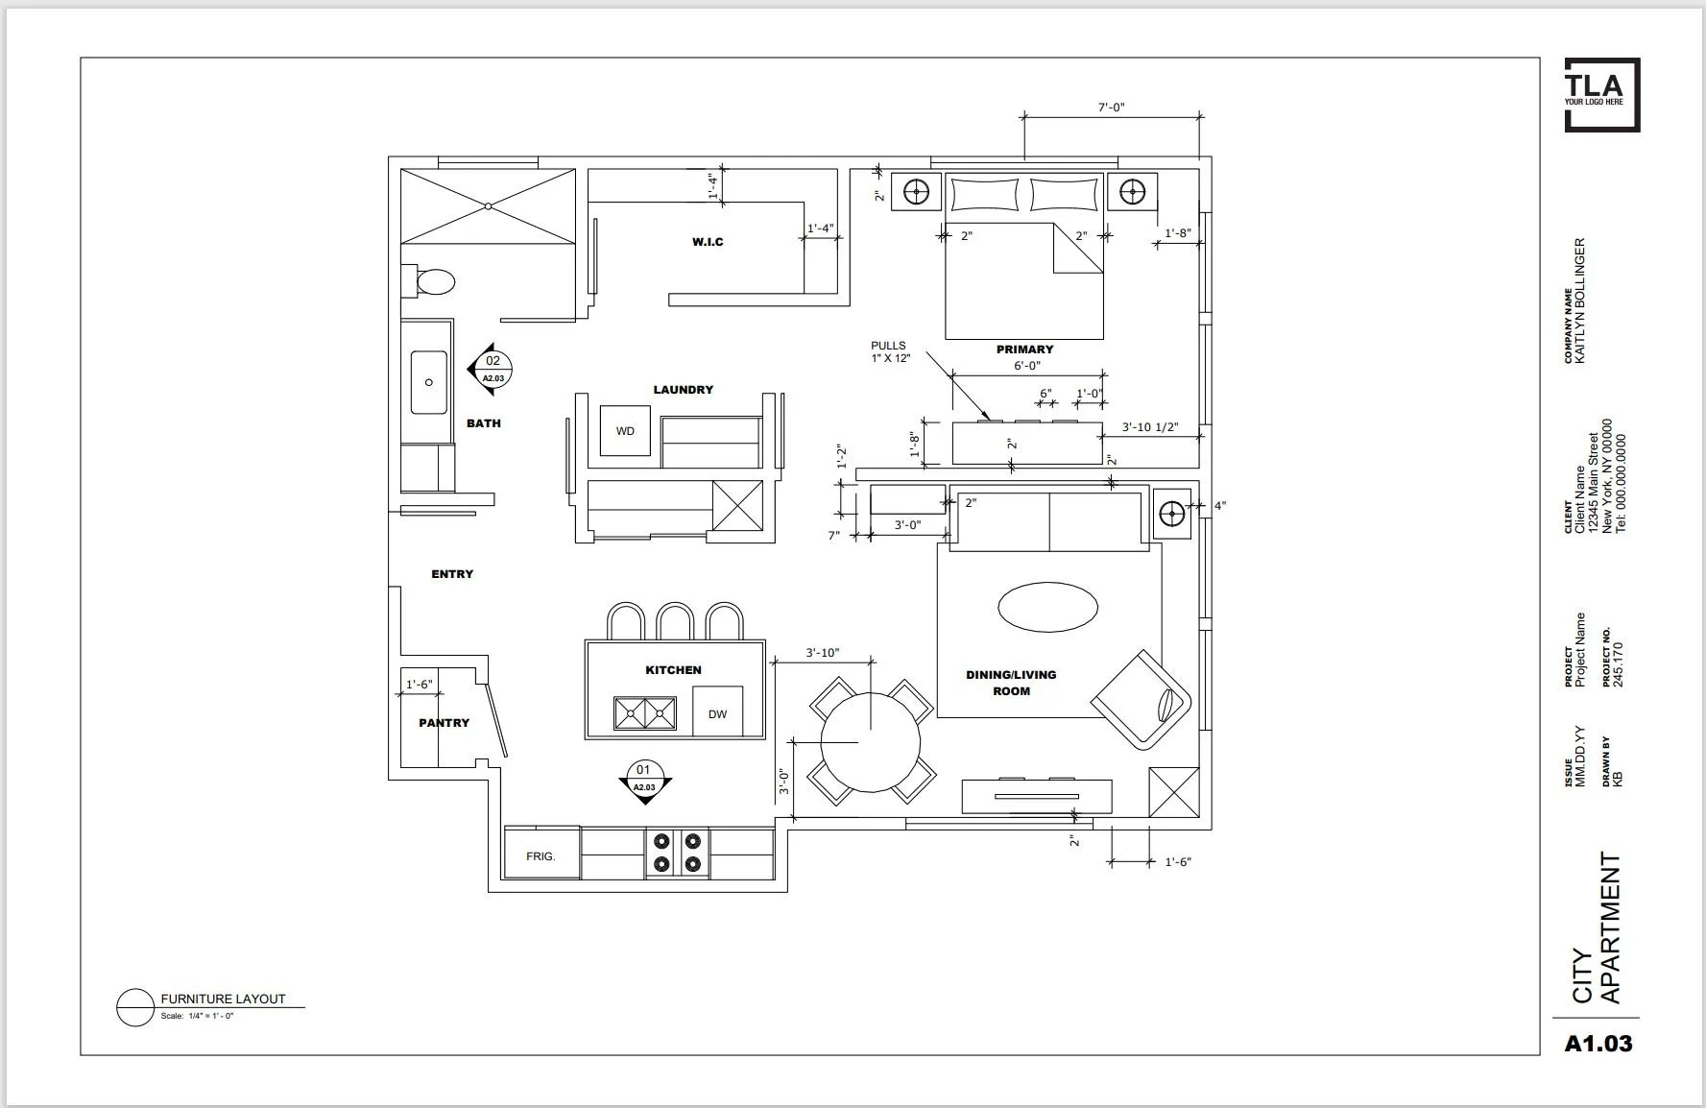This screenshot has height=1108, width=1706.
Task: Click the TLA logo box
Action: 1602,94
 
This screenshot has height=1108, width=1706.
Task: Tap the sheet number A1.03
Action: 1598,1044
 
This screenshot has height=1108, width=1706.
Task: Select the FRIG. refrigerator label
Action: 541,855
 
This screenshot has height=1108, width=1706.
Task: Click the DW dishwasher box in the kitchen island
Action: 717,711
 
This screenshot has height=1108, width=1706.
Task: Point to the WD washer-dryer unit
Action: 625,431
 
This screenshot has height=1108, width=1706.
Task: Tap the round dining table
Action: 871,742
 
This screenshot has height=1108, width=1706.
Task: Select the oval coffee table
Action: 1048,607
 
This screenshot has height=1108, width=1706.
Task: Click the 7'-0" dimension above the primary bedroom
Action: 1112,108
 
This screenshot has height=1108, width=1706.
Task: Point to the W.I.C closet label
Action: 708,242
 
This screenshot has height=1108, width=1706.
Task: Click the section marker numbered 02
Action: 491,368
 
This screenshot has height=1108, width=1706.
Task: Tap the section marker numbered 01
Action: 644,780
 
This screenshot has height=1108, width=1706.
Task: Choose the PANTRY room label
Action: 444,723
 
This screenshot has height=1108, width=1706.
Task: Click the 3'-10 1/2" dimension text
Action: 1150,427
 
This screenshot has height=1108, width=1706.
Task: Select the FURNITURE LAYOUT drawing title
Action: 223,999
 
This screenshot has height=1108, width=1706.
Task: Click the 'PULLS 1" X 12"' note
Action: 890,351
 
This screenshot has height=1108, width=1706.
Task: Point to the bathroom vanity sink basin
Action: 428,382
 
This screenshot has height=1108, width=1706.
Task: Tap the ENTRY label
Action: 452,574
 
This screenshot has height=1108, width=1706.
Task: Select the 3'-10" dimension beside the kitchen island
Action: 823,653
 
